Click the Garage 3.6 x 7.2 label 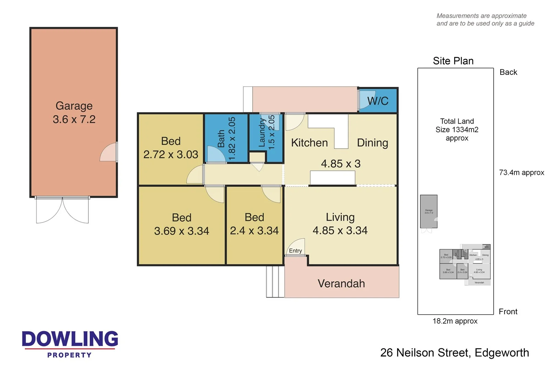pos(74,112)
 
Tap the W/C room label pos(377,101)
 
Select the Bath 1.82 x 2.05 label pos(227,138)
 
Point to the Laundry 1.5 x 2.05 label pos(266,132)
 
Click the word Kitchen pos(309,142)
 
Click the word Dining pos(372,142)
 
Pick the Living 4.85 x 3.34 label pos(340,224)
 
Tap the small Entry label pos(295,251)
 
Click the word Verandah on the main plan pos(341,283)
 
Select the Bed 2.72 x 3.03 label pos(170,148)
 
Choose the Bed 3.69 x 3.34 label pos(181,224)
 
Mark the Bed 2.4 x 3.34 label pos(254,224)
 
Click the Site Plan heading pos(453,61)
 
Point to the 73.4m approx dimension pos(521,172)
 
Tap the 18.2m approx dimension pos(455,321)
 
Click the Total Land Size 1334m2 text pos(457,129)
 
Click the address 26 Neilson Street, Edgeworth pos(454,353)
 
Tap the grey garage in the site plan pos(429,211)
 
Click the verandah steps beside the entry pos(275,282)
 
